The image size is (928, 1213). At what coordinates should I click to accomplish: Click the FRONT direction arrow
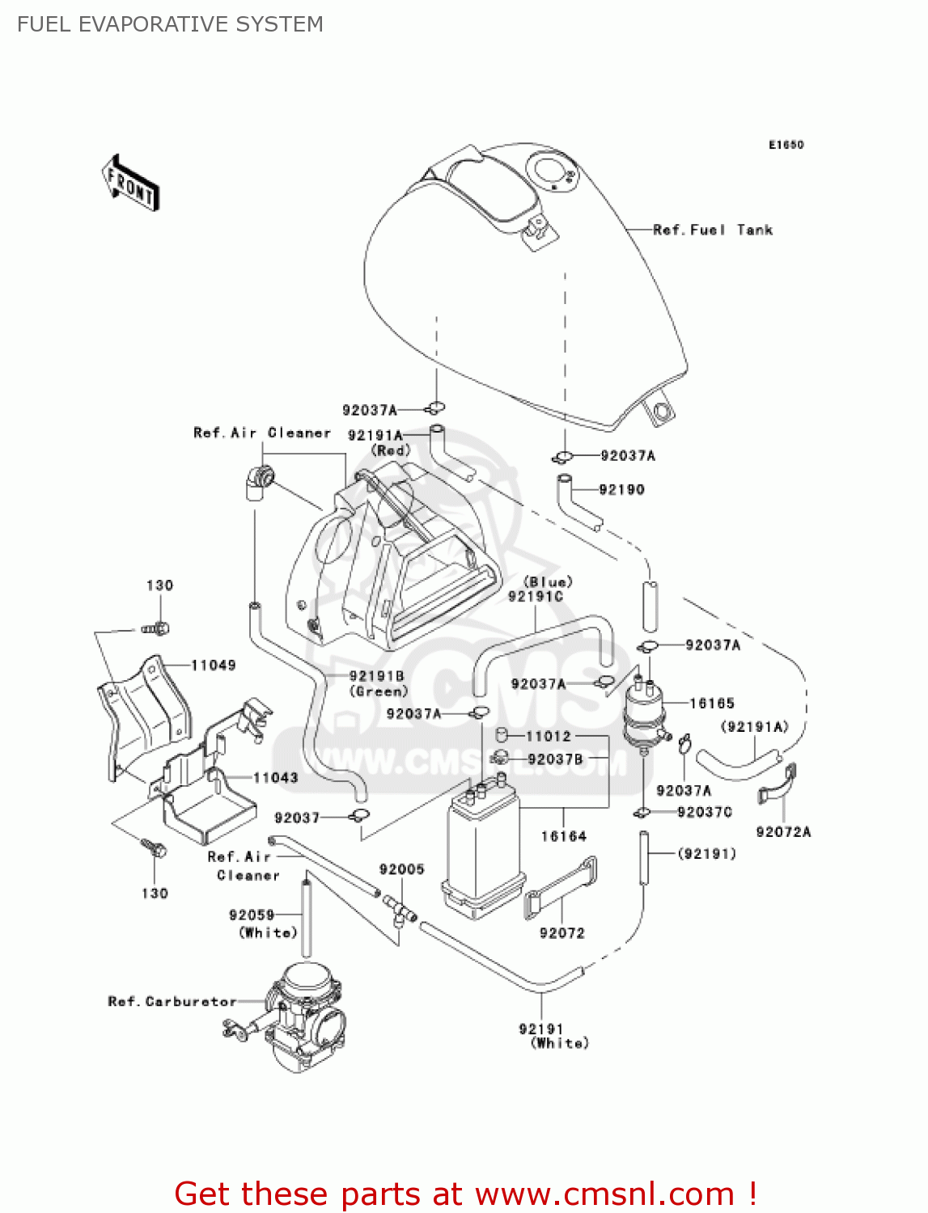(x=129, y=184)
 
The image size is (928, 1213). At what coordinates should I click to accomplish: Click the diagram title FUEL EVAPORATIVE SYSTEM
(x=170, y=24)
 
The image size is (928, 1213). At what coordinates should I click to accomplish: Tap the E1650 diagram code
(x=786, y=145)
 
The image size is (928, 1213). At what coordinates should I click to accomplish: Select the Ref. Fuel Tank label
(x=712, y=230)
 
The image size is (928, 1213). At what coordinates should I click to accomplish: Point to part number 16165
(x=712, y=704)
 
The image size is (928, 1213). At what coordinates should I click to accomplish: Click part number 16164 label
(x=563, y=836)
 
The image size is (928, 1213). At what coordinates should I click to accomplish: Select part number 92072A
(x=782, y=831)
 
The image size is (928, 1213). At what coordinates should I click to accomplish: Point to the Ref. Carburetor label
(x=172, y=1001)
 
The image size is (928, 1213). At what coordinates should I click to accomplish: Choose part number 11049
(x=214, y=666)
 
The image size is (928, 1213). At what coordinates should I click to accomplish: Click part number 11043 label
(x=276, y=778)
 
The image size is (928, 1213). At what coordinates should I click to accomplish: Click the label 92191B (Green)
(x=377, y=683)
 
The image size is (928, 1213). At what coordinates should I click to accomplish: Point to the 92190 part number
(x=621, y=489)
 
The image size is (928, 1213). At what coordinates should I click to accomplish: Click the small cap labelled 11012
(x=501, y=735)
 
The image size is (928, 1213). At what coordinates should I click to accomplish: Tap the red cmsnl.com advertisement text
(x=465, y=1194)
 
